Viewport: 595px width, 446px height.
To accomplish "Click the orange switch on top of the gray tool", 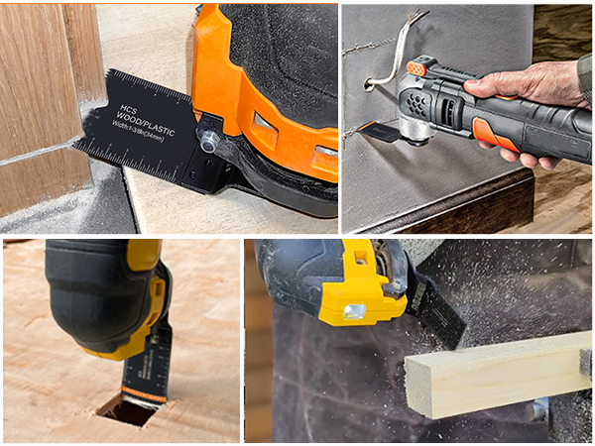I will click(x=417, y=68).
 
